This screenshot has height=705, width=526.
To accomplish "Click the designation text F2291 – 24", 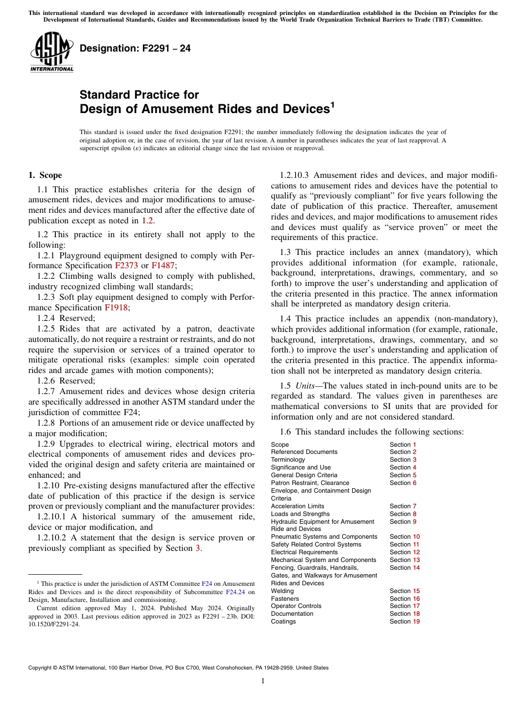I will (135, 48).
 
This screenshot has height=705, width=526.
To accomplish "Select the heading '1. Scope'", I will (45, 175).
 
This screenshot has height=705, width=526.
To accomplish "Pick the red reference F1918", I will (116, 308).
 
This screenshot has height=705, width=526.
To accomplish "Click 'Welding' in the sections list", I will (282, 591).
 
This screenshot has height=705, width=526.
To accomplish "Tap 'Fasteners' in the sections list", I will (285, 599).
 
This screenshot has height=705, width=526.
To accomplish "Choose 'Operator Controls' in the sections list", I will (293, 606).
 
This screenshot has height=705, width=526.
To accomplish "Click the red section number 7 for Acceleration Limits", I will (414, 506).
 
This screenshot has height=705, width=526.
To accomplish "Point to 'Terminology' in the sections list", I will (287, 459).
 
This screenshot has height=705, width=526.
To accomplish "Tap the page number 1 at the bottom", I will (263, 681).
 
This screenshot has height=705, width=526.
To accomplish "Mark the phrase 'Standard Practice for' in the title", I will (139, 94).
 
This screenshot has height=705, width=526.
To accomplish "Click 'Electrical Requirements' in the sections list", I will (304, 552).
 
